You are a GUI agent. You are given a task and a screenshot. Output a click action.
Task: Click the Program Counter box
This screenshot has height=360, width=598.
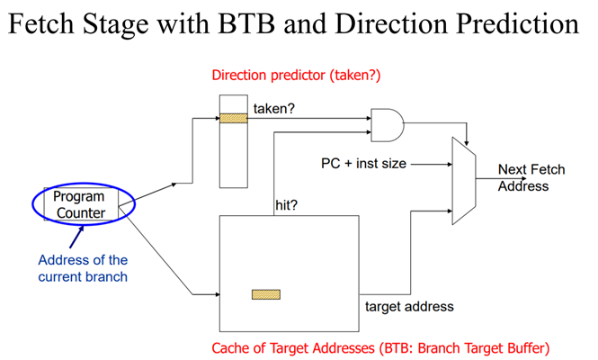pos(79,204)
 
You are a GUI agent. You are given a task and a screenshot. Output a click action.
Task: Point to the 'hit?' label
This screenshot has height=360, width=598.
pos(287,205)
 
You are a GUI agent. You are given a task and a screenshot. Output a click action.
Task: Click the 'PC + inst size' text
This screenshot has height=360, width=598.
pos(362,164)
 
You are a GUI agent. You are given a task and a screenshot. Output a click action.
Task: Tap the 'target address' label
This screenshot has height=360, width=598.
pos(409,306)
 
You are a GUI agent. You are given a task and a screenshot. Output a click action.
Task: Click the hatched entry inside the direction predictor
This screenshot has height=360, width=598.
pos(233,116)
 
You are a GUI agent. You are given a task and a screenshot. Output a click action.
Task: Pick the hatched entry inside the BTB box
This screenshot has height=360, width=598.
pos(265,293)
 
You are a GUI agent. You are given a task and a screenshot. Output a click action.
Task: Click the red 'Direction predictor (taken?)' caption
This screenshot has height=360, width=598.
pos(296,75)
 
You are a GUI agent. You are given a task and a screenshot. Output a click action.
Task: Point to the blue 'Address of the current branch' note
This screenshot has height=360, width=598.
pos(83,268)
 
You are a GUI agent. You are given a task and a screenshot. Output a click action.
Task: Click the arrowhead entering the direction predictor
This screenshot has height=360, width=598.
pos(217,116)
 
